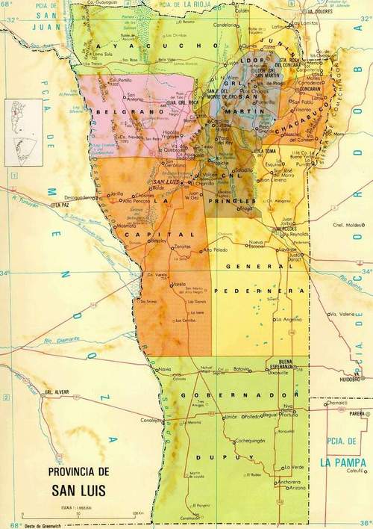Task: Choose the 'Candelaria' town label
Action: click(x=225, y=25)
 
